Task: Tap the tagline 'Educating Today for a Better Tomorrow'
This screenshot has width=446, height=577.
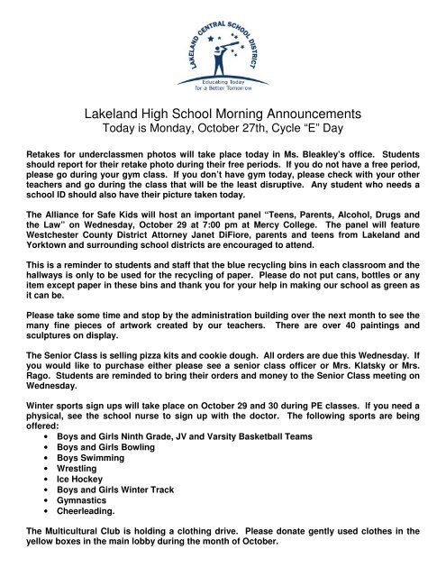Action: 223,87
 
